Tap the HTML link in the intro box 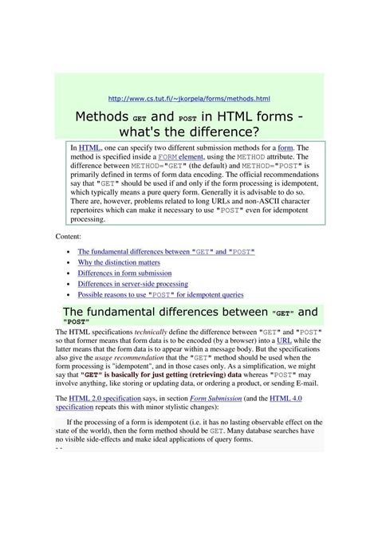tap(89, 148)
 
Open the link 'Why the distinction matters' tap(119, 262)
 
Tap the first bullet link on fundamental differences tap(167, 251)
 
